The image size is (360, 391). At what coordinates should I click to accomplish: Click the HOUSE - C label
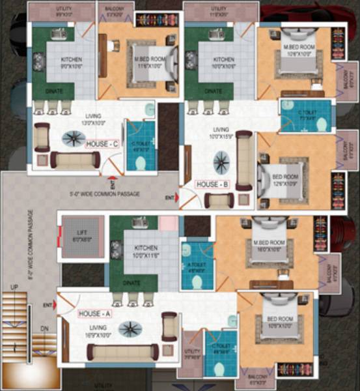pos(100,144)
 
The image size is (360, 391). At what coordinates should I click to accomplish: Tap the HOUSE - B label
pos(211,184)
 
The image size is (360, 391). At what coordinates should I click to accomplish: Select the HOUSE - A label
pos(95,313)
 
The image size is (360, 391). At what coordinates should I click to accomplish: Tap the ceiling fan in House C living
pos(73,138)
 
